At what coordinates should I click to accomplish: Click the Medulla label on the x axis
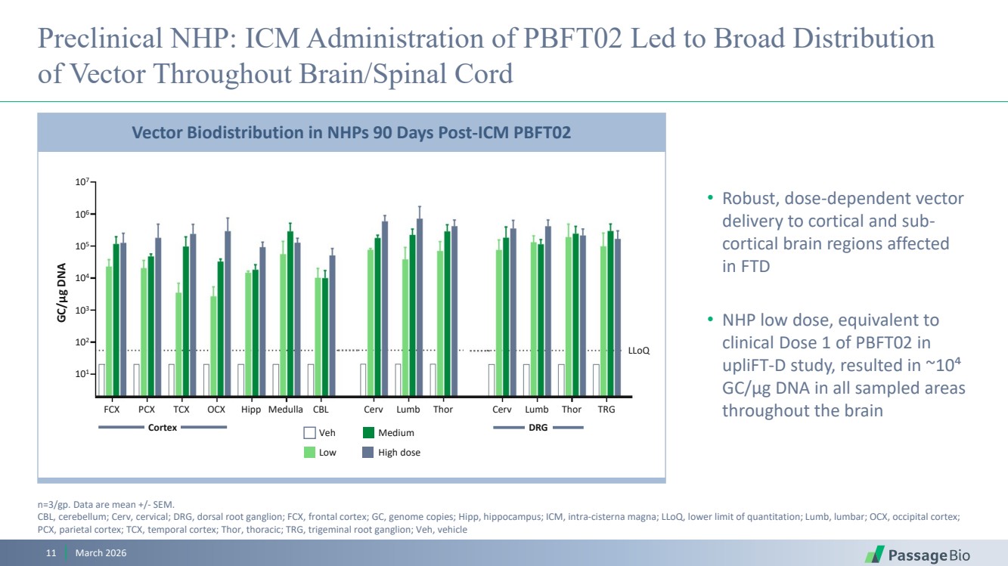click(286, 410)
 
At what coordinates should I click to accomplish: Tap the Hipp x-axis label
click(251, 410)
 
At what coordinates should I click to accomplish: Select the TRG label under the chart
click(606, 410)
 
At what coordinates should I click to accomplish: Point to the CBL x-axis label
click(321, 410)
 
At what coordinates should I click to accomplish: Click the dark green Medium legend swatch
click(369, 433)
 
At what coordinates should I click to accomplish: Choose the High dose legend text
click(399, 453)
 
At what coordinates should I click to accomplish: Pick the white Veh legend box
click(309, 433)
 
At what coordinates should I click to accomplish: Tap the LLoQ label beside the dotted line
click(639, 351)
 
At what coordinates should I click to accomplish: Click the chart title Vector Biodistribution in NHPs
click(351, 132)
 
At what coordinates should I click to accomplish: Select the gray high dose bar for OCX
click(228, 314)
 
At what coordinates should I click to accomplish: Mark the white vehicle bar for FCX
click(101, 380)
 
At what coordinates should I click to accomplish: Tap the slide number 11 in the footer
click(51, 554)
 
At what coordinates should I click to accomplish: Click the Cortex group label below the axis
click(163, 428)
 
